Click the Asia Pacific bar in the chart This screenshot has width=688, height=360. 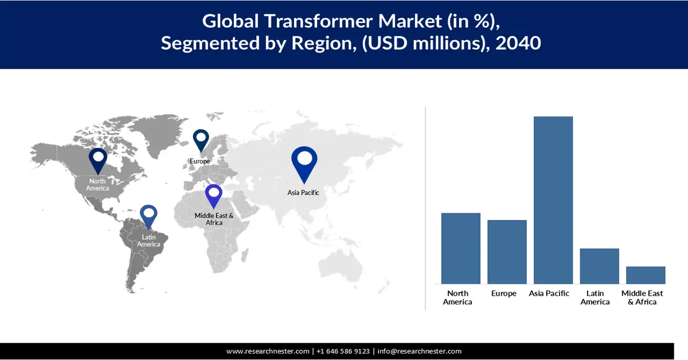(553, 200)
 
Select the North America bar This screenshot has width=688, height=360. (460, 248)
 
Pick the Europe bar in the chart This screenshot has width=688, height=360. (507, 252)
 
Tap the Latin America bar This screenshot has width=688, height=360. (599, 266)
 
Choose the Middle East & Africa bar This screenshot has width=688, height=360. (646, 275)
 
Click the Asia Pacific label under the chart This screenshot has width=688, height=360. (549, 294)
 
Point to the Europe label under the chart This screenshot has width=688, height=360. (504, 294)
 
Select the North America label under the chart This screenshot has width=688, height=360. (458, 298)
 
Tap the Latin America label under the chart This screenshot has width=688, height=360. (595, 298)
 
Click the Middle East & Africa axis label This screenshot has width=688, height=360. (642, 298)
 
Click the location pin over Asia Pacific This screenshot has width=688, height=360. (304, 161)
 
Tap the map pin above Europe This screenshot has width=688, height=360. (200, 140)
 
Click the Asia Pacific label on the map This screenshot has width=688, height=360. (303, 193)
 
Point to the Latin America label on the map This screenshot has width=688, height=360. (148, 241)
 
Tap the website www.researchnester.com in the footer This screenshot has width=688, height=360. (268, 351)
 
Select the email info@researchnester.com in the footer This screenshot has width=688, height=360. (419, 351)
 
